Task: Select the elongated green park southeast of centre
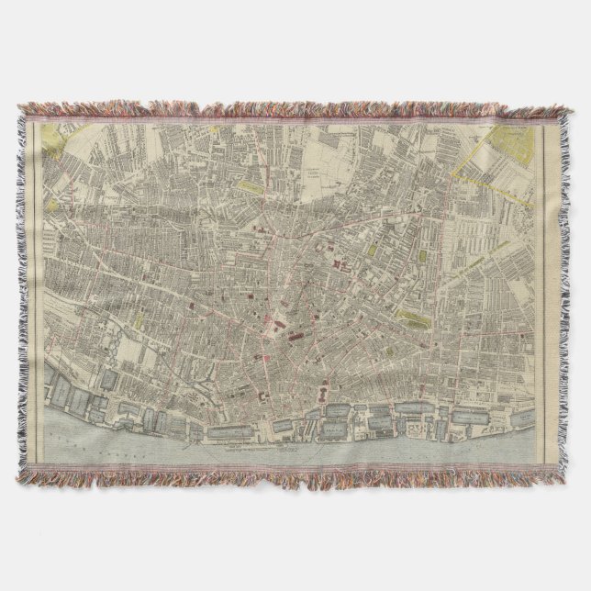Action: (x=416, y=318)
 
